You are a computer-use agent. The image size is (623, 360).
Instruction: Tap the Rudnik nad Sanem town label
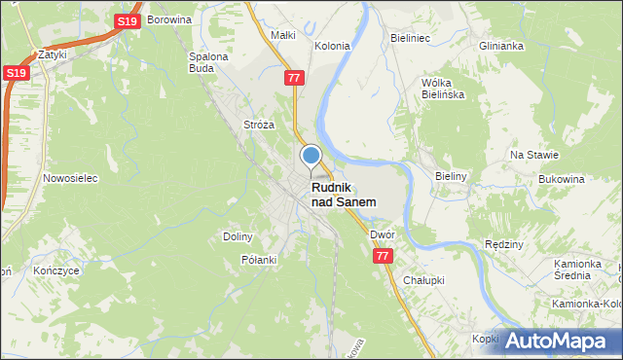(x=343, y=195)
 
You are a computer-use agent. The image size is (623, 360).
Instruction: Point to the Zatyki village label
(x=52, y=54)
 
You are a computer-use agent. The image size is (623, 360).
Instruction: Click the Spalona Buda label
(x=207, y=62)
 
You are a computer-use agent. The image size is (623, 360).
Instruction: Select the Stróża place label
(x=258, y=126)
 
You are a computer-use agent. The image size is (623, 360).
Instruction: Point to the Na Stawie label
(x=533, y=155)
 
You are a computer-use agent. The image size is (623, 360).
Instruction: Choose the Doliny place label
(x=238, y=236)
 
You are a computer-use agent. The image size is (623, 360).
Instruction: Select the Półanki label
(x=259, y=260)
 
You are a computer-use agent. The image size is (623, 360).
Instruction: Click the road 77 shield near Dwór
(x=382, y=255)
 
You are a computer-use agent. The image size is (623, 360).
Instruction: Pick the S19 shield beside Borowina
(x=127, y=20)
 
